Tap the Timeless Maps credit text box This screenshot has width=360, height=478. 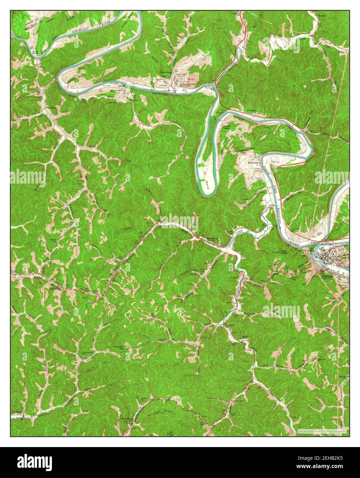pos(322,431)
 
